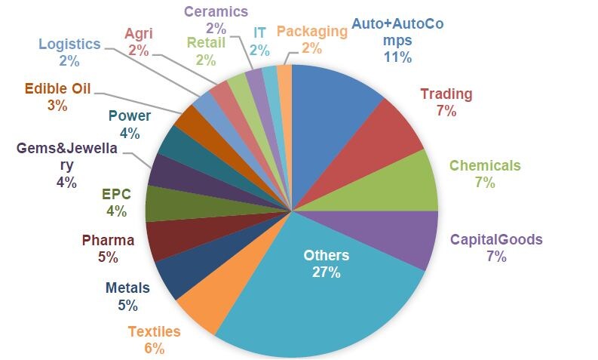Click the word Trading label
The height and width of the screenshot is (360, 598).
[x=446, y=94]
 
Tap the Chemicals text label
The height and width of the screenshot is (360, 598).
[x=485, y=166]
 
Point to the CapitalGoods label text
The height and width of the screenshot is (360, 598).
[x=496, y=240]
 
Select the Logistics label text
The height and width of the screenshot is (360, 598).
[x=69, y=44]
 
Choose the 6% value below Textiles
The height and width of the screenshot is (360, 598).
[x=153, y=348]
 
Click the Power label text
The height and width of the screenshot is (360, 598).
[x=129, y=116]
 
